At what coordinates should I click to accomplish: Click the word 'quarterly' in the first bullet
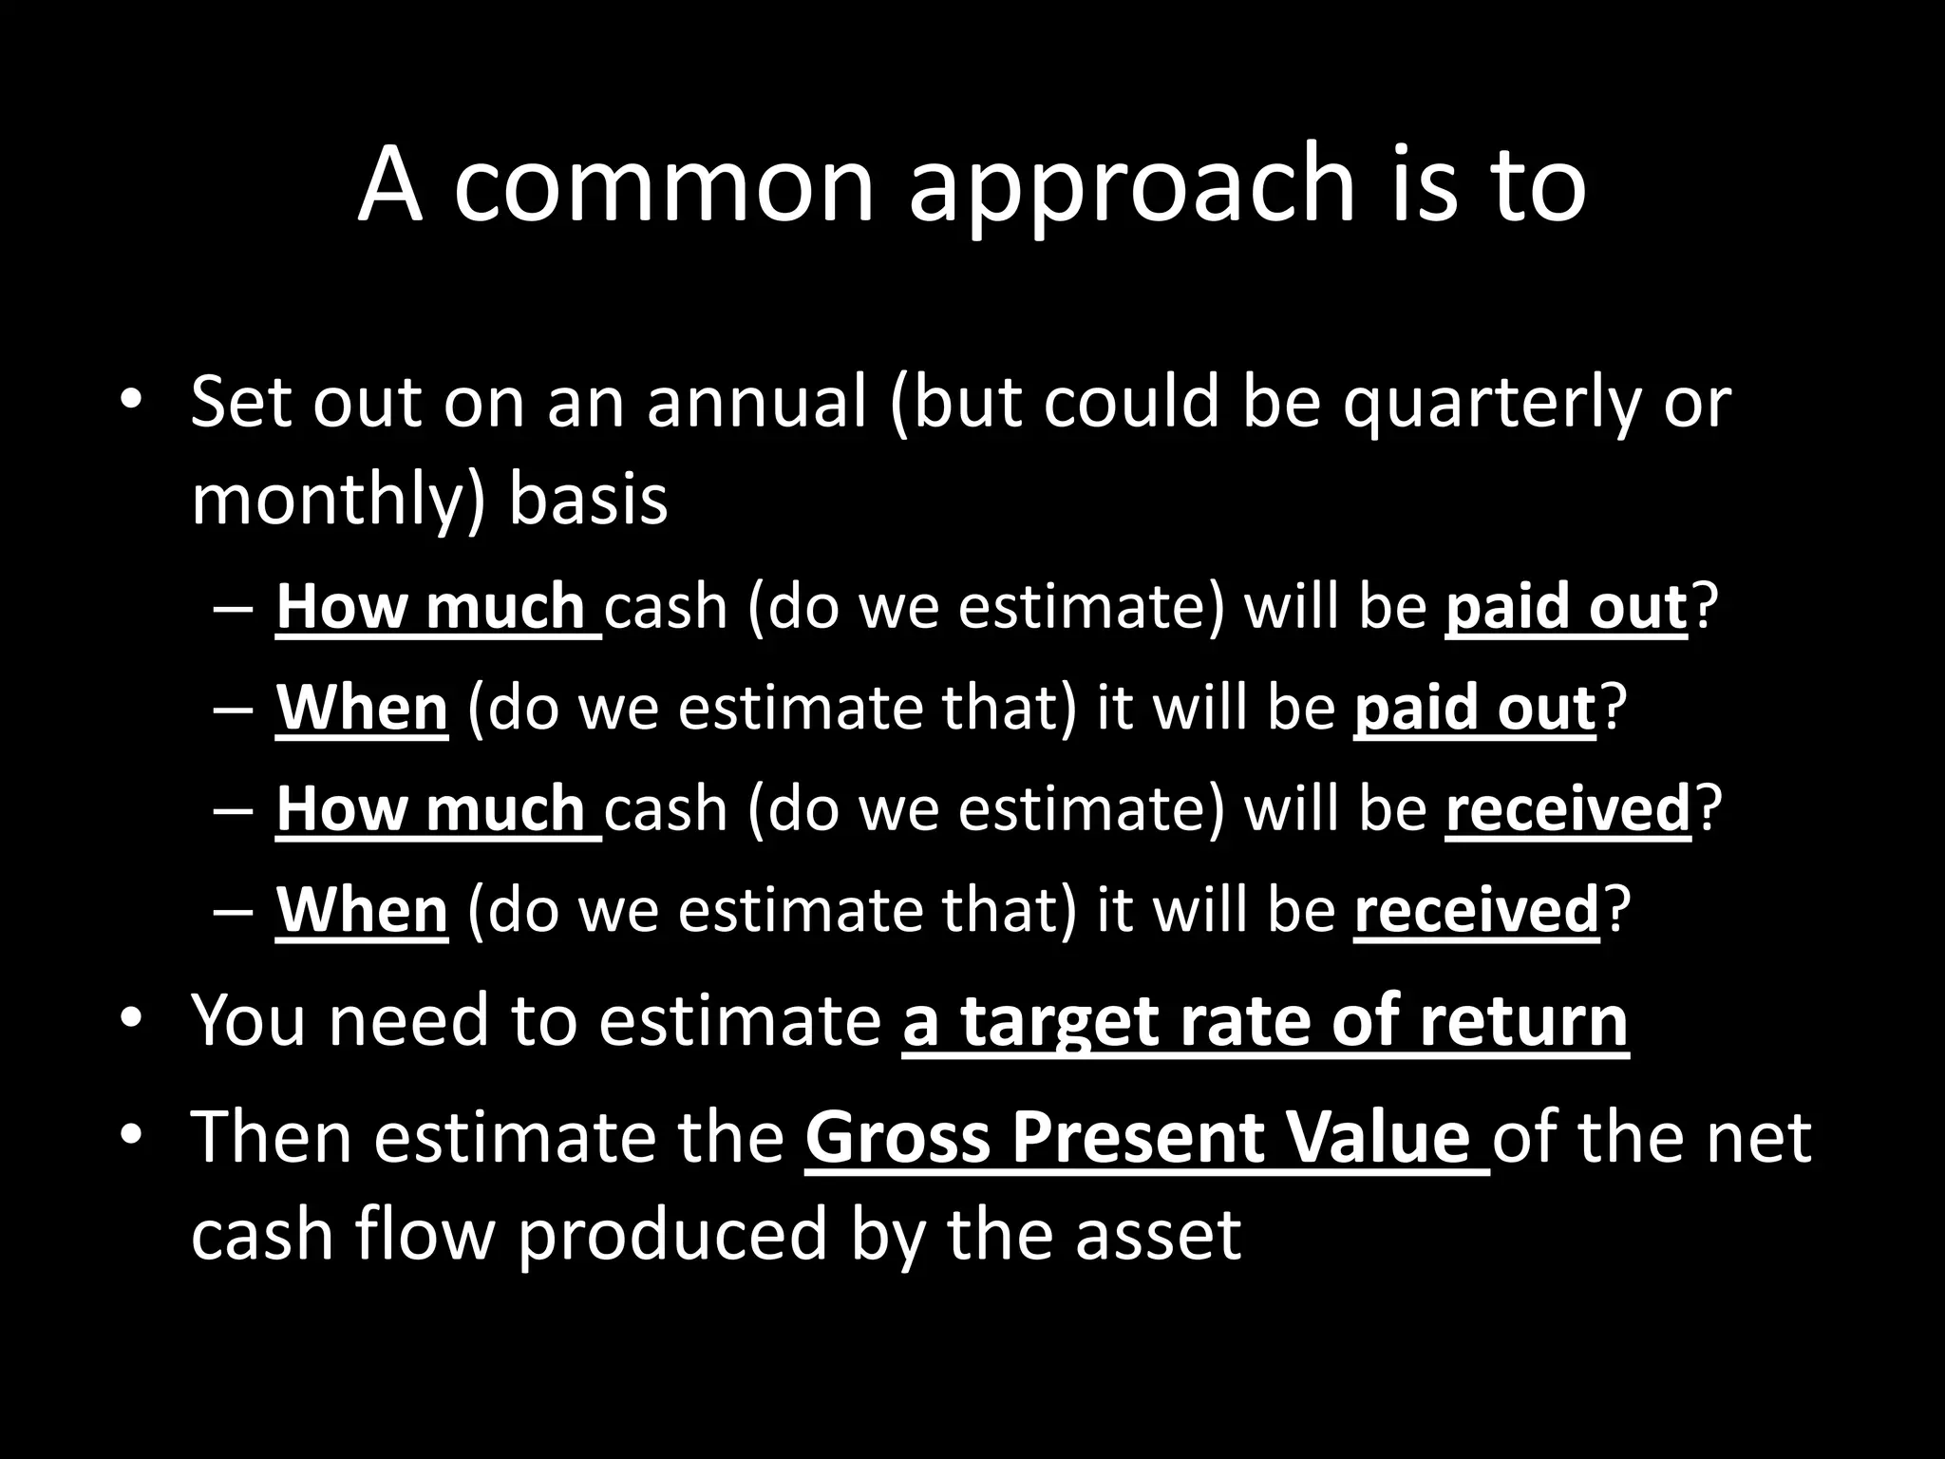pos(1490,404)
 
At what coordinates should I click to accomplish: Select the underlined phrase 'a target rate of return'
pos(1265,1021)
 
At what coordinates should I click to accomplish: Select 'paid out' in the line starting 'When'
pos(1474,708)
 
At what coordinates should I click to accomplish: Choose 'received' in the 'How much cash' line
pos(1568,808)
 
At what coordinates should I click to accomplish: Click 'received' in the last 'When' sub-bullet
pos(1476,910)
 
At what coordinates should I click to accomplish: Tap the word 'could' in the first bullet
pos(1131,402)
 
